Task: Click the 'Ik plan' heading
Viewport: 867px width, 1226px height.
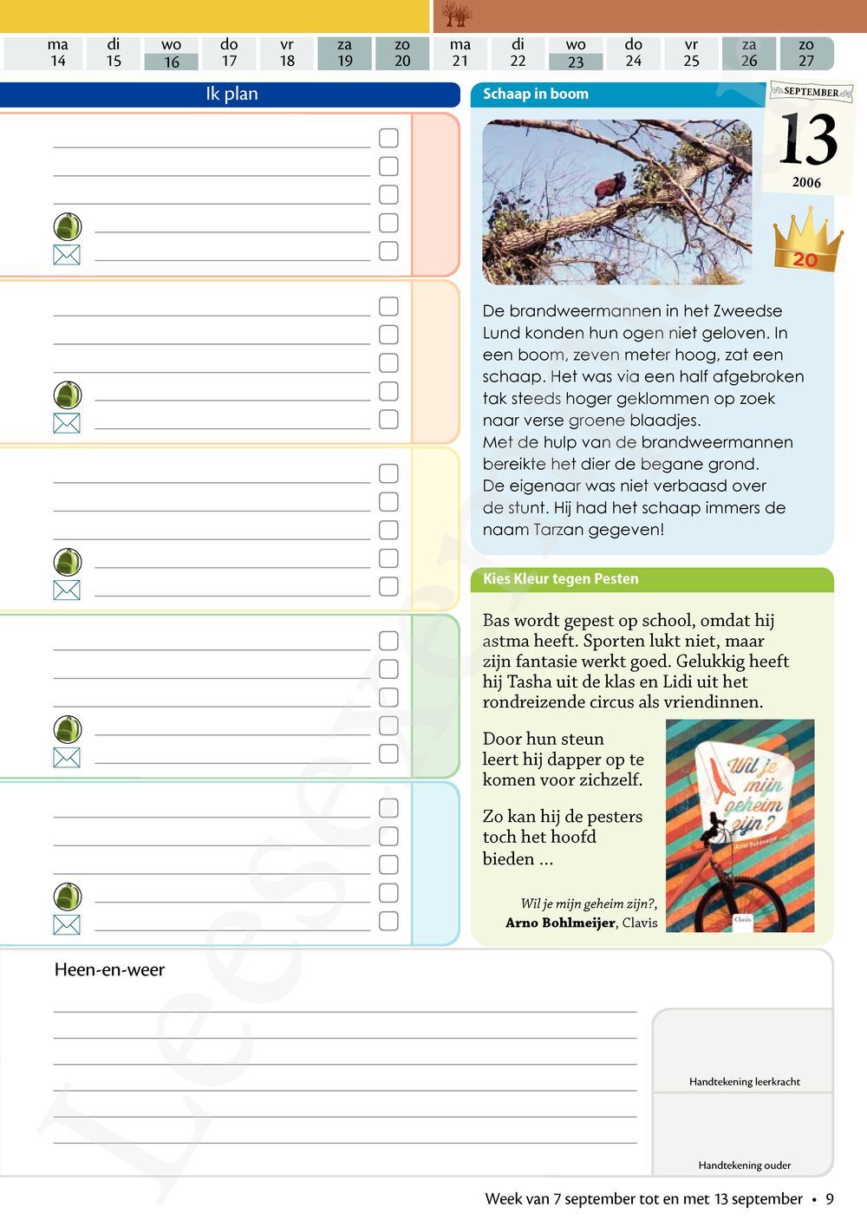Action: coord(231,94)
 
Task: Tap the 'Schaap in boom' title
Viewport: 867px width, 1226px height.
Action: coord(535,94)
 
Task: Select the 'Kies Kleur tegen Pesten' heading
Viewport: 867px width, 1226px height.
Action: coord(560,578)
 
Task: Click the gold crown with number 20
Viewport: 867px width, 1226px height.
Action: coord(807,240)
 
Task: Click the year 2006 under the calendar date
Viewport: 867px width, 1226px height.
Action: coord(806,182)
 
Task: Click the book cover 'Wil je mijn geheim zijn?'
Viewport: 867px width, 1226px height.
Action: coord(740,825)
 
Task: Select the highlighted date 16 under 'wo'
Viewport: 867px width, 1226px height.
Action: coord(172,62)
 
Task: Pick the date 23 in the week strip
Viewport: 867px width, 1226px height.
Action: coord(576,62)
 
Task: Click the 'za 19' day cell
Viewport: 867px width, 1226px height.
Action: coord(345,53)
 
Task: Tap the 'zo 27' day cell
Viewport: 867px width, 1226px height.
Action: coord(806,53)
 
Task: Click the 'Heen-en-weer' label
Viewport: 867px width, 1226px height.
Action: coord(109,969)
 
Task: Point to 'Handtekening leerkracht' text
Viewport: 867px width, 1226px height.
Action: coord(744,1081)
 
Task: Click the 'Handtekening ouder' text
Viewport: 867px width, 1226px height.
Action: coord(744,1165)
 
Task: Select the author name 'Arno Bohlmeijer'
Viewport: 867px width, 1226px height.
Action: coord(560,923)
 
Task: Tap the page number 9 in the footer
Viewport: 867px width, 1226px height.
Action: coord(830,1198)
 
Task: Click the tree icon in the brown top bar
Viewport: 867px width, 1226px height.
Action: coord(456,15)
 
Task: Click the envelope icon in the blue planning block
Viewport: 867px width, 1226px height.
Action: coord(67,924)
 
